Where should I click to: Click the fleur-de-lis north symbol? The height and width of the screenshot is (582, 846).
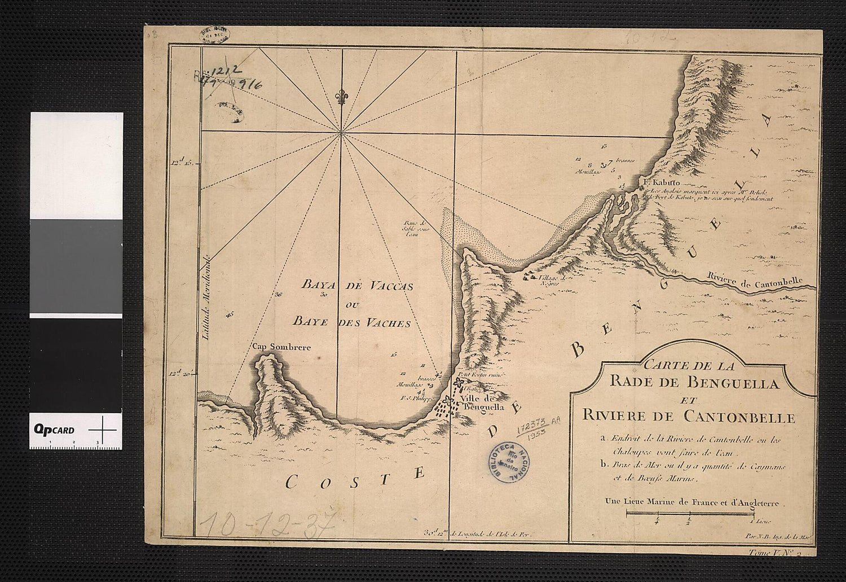340,98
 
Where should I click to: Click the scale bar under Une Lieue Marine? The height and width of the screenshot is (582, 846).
690,513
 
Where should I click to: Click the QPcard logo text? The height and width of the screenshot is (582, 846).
54,430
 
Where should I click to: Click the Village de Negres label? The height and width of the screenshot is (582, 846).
552,281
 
